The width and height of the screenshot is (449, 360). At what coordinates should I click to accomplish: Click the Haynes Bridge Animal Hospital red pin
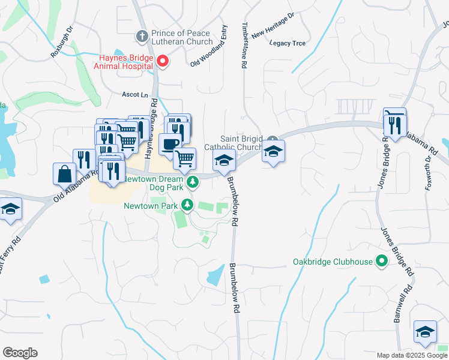(162, 61)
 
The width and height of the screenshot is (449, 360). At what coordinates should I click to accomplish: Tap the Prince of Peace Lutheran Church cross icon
(142, 36)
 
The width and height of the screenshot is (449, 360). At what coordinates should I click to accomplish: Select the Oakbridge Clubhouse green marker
(381, 262)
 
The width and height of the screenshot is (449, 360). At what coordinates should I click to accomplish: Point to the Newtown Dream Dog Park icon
(193, 181)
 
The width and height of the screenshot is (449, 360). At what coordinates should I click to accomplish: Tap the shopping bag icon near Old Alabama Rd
(64, 173)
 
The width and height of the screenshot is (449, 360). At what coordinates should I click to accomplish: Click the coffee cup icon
(170, 145)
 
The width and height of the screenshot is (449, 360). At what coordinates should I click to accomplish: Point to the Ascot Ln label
(134, 95)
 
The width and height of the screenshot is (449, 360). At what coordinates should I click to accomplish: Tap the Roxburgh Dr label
(62, 41)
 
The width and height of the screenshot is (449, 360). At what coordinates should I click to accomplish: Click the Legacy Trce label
(288, 43)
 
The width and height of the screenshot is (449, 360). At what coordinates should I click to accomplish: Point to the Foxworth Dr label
(429, 172)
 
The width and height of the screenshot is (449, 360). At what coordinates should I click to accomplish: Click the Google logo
(20, 353)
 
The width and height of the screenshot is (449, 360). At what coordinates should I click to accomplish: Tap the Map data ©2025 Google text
(411, 355)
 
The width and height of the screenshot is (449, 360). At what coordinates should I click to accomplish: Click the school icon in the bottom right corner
(425, 332)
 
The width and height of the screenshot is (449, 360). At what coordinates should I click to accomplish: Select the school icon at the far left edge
(10, 209)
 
